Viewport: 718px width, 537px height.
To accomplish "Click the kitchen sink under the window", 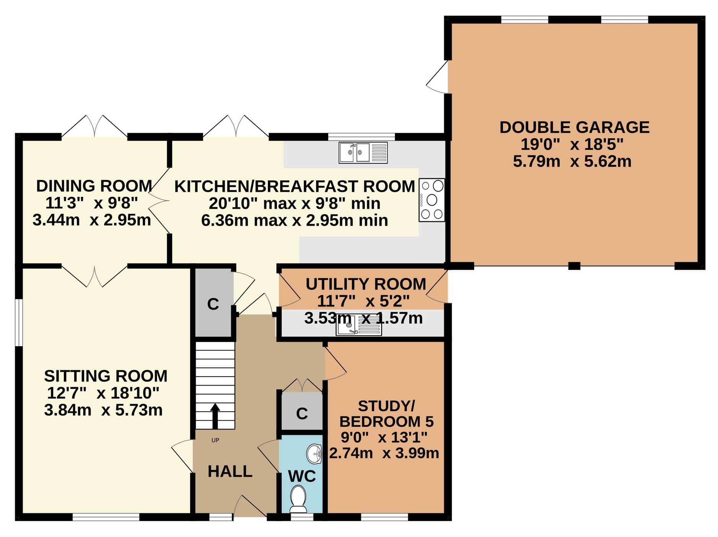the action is (363, 152).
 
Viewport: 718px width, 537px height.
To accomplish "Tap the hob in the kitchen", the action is (432, 200).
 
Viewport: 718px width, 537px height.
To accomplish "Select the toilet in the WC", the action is (298, 499).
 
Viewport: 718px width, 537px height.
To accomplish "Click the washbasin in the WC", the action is (314, 454).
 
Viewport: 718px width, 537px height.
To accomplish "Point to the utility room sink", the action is (359, 326).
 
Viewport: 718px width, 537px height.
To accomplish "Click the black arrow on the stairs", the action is (215, 416).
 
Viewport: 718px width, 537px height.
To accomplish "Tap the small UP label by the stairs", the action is (215, 440).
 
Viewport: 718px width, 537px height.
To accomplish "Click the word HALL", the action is (230, 472).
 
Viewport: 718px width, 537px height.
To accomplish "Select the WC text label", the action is (302, 476).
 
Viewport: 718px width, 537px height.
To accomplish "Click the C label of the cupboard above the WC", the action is (302, 414).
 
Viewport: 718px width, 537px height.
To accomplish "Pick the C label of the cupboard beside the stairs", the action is (213, 304).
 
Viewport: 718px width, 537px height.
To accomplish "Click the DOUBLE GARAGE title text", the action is (574, 127).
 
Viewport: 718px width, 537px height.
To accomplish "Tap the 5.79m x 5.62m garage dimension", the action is (572, 161).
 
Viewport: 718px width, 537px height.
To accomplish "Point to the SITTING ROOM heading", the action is (106, 376).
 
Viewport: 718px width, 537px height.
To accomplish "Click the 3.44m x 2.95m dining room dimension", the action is (92, 220).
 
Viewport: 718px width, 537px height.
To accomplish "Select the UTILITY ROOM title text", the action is (366, 284).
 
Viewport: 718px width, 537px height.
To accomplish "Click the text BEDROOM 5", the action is (387, 421).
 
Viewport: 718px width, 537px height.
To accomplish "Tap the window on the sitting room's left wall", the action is (19, 323).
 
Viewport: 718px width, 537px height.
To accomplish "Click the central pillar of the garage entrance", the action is (574, 266).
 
